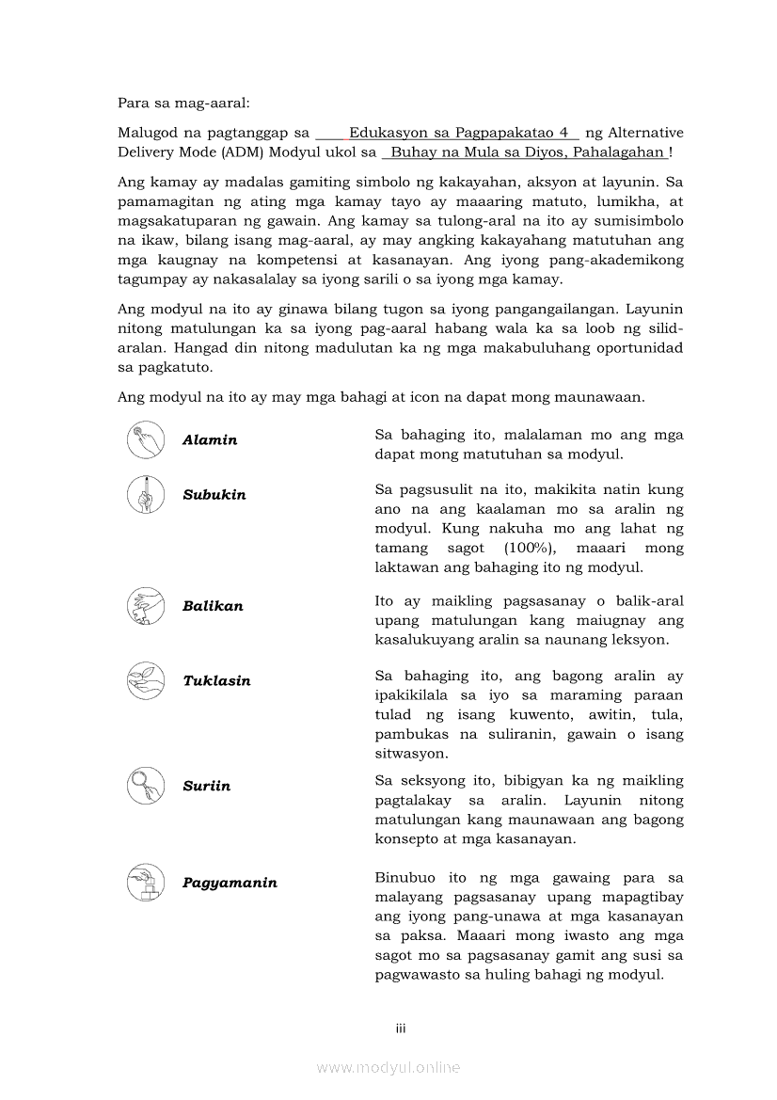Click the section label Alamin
210,440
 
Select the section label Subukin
214,495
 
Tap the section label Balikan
213,606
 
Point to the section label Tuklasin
216,681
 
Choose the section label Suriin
206,786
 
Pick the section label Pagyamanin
230,883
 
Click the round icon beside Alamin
146,439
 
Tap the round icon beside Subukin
146,494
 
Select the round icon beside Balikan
146,605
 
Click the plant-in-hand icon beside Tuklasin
146,680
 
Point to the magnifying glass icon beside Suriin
146,785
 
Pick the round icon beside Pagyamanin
146,882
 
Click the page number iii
400,1029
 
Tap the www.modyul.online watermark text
388,1067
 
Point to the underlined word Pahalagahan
618,152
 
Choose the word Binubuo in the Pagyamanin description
404,878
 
